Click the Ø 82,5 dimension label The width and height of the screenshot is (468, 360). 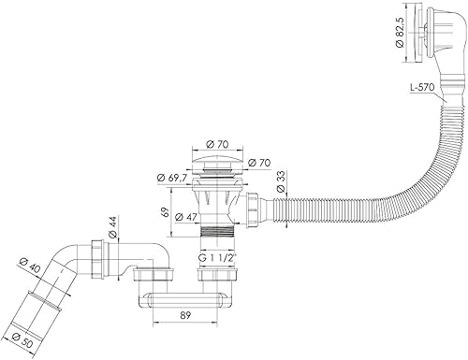tap(400, 33)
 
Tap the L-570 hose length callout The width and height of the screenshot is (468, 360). tap(422, 88)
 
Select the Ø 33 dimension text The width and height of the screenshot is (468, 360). tap(281, 182)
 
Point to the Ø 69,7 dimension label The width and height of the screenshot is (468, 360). tap(172, 178)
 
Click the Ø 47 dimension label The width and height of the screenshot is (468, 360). tap(186, 217)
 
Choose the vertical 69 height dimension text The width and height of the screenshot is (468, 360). tap(166, 211)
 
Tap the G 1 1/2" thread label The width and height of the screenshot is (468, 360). tap(217, 258)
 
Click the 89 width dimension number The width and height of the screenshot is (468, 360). tap(185, 315)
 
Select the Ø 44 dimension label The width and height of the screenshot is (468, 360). tap(112, 227)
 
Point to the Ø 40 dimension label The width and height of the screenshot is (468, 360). tap(29, 266)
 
